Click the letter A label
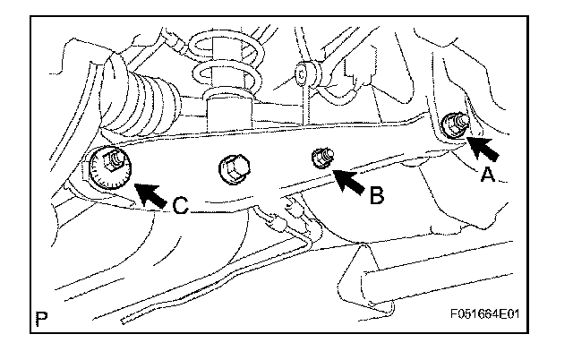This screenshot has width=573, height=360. pos(488,175)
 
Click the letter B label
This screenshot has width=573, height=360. pos(377,195)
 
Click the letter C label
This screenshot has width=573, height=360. pos(180,206)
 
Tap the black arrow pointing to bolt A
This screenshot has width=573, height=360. pos(483,148)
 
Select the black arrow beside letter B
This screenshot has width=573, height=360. pos(350,181)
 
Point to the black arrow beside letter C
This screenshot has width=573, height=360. pos(150,195)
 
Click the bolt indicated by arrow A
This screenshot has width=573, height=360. pos(455,126)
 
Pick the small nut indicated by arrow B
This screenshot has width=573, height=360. pos(322,158)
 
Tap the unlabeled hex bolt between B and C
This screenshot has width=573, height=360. pos(234,168)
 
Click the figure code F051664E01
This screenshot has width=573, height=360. pos(484,314)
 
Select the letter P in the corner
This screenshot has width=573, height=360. pos(41,319)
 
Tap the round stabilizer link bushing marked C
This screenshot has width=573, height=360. pos(302,74)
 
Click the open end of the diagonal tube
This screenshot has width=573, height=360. pos(124,321)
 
